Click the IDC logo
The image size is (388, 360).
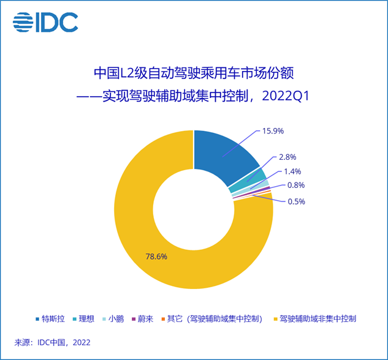(x=45, y=23)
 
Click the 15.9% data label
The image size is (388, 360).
(x=273, y=131)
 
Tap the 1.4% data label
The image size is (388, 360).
(x=291, y=172)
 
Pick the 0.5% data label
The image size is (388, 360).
(x=295, y=201)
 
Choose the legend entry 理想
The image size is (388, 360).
(x=86, y=319)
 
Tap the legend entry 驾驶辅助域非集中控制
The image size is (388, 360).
(x=316, y=319)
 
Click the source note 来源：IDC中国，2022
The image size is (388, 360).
(x=53, y=343)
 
